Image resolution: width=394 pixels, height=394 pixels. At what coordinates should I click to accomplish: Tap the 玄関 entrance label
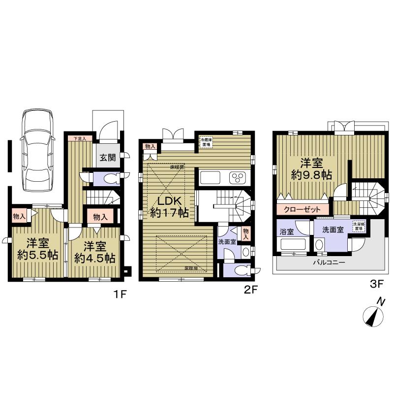click(108, 158)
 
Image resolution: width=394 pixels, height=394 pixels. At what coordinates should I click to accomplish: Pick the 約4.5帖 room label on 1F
click(95, 252)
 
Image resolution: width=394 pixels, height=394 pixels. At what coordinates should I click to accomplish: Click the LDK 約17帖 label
click(168, 207)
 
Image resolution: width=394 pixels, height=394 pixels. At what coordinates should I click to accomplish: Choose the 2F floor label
click(251, 290)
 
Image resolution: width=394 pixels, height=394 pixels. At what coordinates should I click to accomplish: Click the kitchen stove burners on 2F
click(238, 177)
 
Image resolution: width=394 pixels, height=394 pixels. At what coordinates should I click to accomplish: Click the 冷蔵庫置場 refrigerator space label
click(206, 142)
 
